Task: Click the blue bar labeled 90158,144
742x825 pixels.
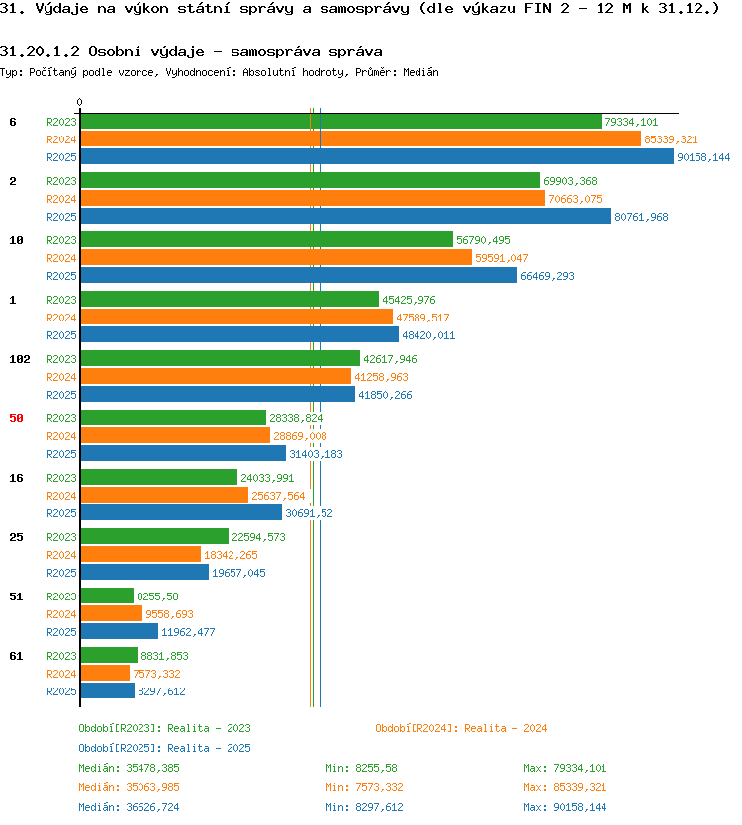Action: (377, 157)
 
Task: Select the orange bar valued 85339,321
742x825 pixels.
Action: (360, 138)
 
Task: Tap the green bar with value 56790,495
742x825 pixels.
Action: (267, 240)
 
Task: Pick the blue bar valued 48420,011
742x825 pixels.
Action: (239, 334)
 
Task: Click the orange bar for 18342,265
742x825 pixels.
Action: (140, 554)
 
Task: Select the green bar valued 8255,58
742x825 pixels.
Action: (107, 596)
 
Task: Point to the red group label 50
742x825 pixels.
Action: (16, 418)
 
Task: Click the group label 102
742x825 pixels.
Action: (20, 359)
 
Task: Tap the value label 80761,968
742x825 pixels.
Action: (641, 217)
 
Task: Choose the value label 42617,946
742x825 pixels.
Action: (390, 359)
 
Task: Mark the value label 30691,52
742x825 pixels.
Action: (309, 513)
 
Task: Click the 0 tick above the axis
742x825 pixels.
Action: (79, 102)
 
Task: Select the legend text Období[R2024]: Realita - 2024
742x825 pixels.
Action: (461, 728)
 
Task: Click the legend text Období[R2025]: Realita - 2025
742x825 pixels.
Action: (164, 748)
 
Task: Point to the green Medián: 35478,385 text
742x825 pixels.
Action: (129, 769)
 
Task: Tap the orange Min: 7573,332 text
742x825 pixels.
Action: (364, 787)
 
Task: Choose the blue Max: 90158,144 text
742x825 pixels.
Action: (565, 807)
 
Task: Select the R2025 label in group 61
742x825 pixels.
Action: (61, 691)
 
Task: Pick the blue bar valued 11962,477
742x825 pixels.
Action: (120, 631)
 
